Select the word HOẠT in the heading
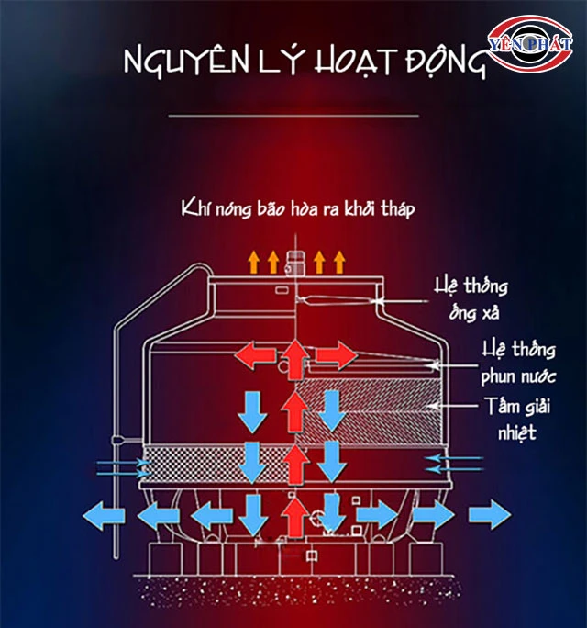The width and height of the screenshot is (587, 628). pos(353,62)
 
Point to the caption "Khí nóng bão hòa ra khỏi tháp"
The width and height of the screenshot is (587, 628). pos(298,210)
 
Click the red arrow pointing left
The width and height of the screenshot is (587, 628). pos(258,353)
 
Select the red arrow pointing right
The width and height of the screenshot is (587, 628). pos(333,353)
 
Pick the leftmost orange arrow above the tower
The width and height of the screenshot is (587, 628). pos(254,261)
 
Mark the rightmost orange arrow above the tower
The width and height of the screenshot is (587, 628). pos(338,261)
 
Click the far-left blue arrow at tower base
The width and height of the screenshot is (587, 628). pos(103,515)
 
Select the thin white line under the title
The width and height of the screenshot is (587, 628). pos(294,117)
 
